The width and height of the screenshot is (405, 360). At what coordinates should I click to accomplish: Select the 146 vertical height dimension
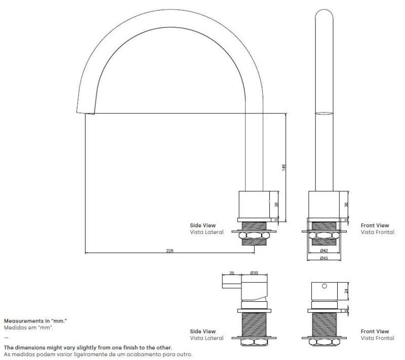[x=284, y=167]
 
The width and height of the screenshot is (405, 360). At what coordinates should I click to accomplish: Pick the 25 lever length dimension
[x=231, y=273]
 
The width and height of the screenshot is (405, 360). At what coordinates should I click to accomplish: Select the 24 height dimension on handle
[x=347, y=291]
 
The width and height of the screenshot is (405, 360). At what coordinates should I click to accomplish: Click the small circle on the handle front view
[x=324, y=286]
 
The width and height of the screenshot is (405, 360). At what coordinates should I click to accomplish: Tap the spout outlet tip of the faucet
[x=89, y=111]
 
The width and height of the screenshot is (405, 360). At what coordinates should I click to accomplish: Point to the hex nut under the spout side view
[x=254, y=235]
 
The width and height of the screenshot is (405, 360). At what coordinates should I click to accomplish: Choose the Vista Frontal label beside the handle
[x=375, y=338]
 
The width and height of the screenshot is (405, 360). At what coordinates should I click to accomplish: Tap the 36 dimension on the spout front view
[x=347, y=204]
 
